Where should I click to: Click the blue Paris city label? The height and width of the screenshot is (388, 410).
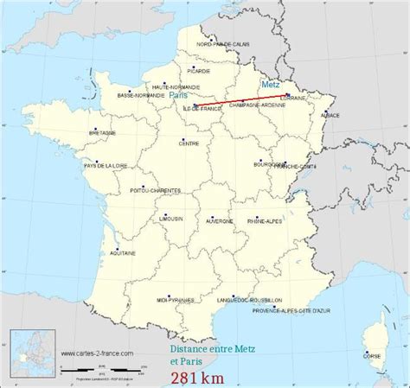[178, 96]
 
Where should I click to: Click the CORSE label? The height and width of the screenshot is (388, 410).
[370, 355]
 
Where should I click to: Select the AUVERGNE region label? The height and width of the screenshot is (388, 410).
[220, 220]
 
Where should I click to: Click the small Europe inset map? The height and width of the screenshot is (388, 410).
[28, 352]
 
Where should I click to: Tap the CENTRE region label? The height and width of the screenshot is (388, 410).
[190, 144]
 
